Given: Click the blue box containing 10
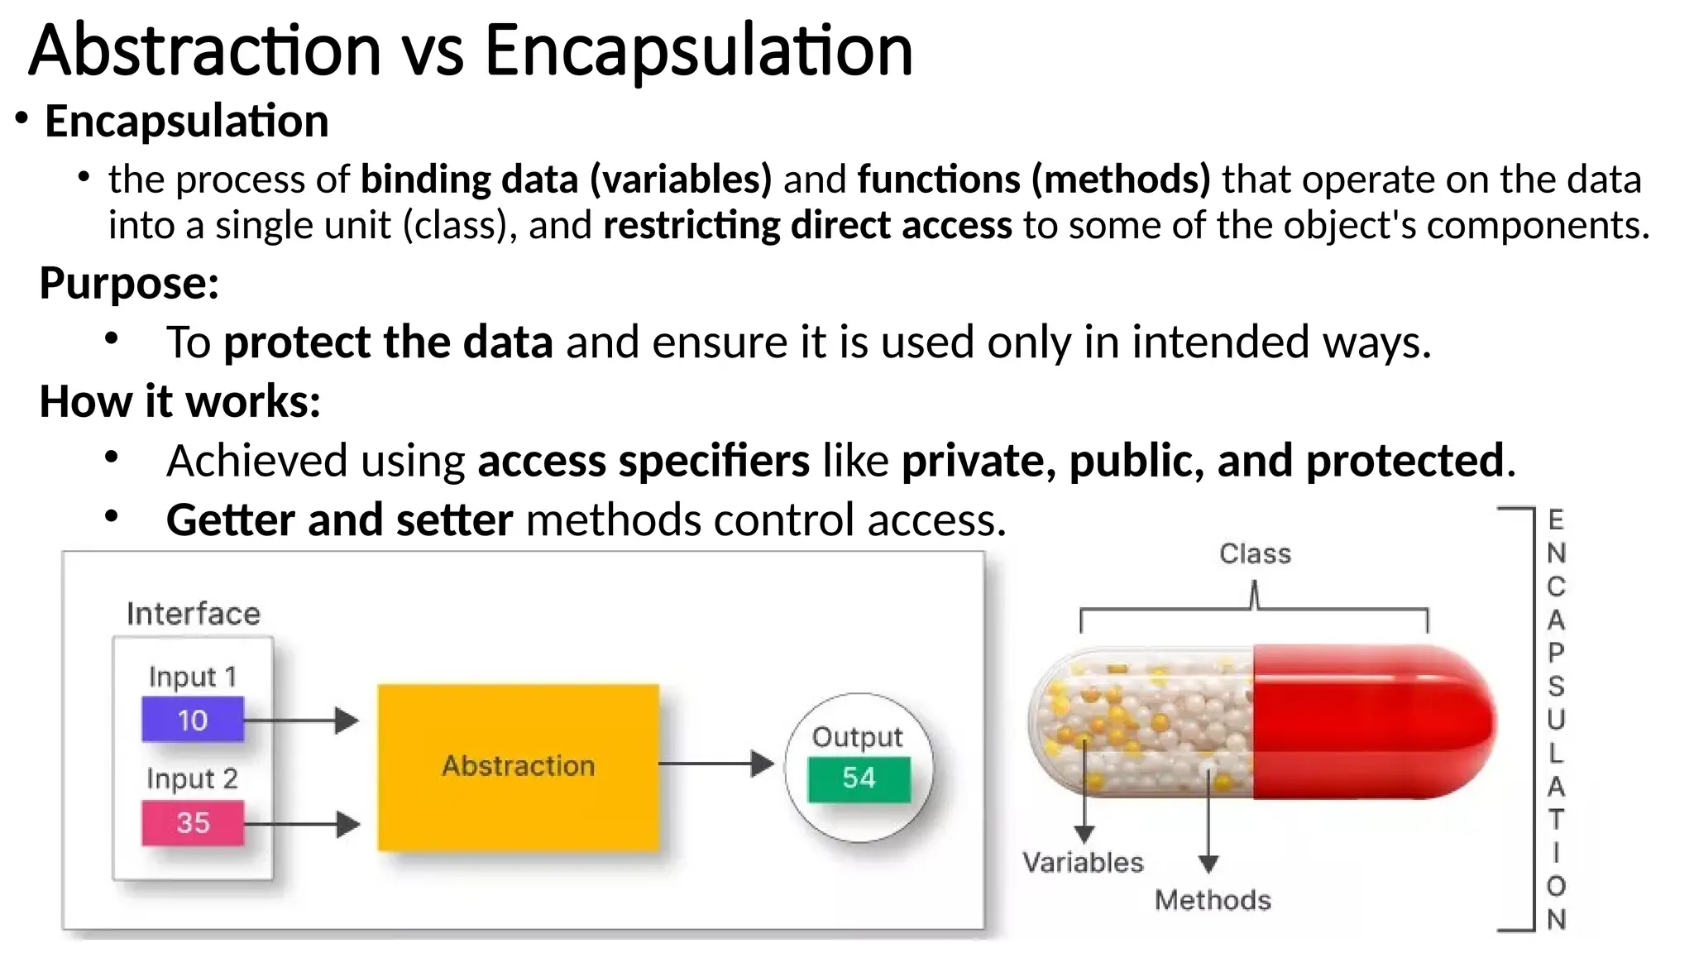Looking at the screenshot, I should tap(192, 720).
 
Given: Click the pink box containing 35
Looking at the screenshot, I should tap(192, 822).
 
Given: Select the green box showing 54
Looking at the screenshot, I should tap(859, 778).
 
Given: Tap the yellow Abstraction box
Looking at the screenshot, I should tap(518, 766).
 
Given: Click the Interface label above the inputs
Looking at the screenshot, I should tap(193, 614).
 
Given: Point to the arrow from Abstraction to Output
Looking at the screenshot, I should tap(715, 763).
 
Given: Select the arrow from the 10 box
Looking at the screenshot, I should tap(302, 720).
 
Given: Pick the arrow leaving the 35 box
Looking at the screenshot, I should tap(302, 824).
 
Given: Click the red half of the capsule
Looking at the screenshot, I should tap(1373, 721).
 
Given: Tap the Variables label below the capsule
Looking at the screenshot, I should tap(1082, 863).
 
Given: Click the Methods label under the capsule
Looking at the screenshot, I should tap(1212, 900).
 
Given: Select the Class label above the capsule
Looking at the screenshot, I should tap(1254, 553).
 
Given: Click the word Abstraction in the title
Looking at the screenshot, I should tap(205, 51).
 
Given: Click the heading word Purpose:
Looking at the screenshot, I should tap(129, 283).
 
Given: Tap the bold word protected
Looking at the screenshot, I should tap(1404, 461).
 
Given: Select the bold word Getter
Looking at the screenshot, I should tap(230, 520).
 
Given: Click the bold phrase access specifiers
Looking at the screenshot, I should tap(644, 461).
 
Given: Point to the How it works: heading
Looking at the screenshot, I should tap(179, 402).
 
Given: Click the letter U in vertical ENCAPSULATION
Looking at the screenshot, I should tap(1556, 720).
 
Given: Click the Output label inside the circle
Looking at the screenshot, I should tap(857, 736).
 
